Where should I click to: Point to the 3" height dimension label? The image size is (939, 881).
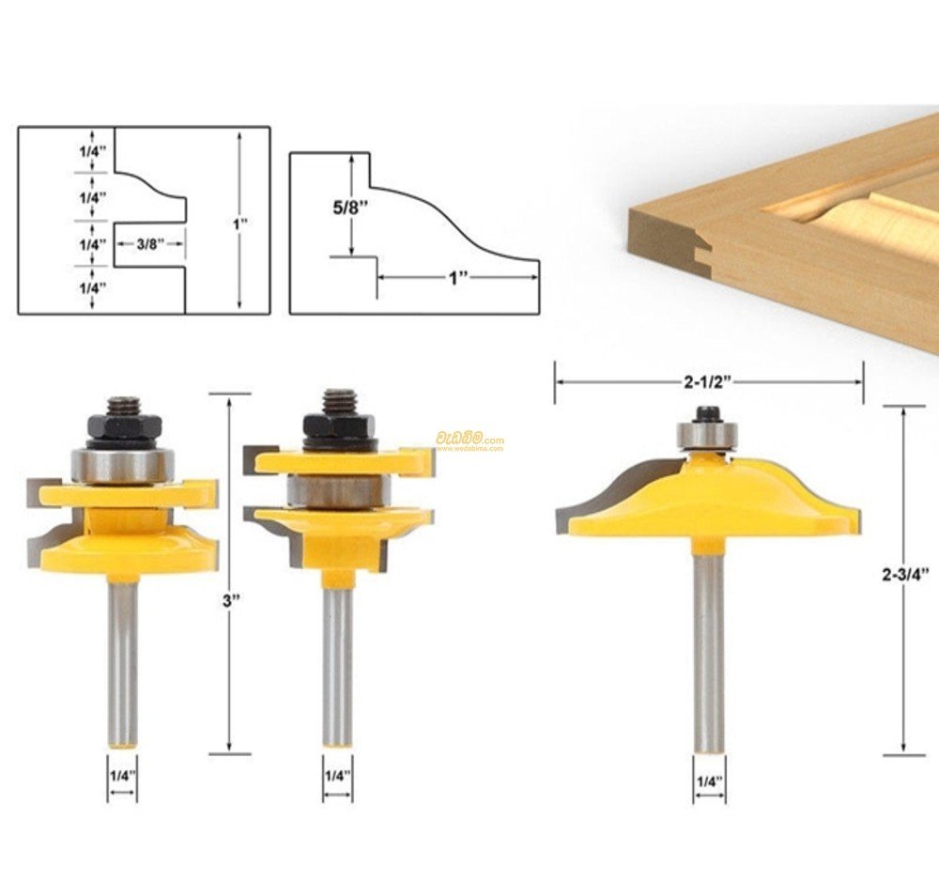(x=227, y=601)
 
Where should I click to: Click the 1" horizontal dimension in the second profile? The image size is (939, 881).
(x=458, y=278)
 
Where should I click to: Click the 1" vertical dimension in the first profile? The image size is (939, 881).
(x=240, y=224)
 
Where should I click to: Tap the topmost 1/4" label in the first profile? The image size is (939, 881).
(x=93, y=151)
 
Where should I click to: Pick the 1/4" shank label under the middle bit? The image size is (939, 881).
(x=338, y=775)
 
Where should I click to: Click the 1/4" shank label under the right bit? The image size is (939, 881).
(x=709, y=779)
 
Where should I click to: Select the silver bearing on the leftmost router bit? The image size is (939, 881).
(x=124, y=464)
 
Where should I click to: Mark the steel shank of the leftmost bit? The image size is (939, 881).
(x=123, y=657)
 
